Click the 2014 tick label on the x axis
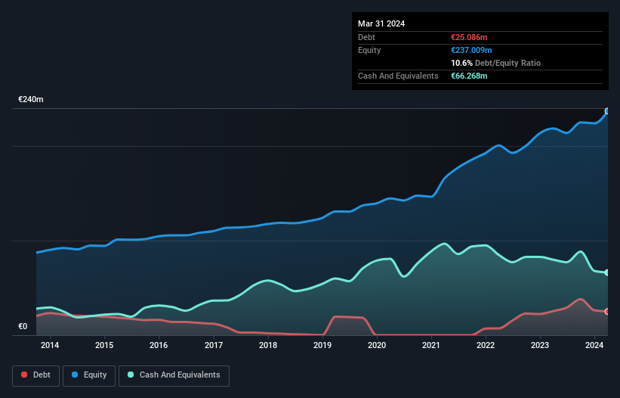pos(50,346)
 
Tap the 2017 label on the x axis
pos(214,346)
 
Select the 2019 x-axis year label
pos(322,346)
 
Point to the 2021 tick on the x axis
pos(431,346)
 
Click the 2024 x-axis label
pos(594,346)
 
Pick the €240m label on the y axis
pos(31,100)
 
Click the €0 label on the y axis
pos(23,327)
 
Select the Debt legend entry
pos(35,375)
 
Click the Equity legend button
pos(89,375)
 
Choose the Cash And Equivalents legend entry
pos(174,375)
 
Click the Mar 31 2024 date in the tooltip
pos(381,23)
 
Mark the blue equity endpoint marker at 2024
pos(607,111)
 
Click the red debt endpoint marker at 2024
pos(607,311)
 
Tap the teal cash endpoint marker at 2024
pos(607,272)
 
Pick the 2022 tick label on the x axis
pos(486,346)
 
